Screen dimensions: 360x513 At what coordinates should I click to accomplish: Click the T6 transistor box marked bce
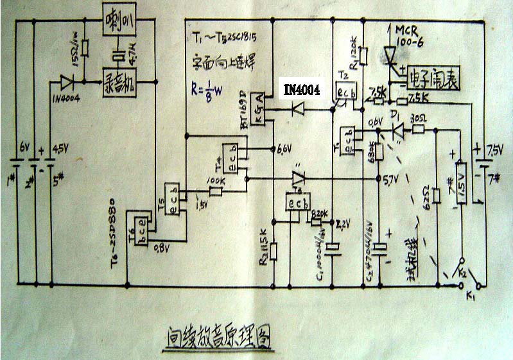click(140, 222)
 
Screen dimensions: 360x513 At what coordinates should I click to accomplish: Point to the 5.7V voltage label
click(390, 179)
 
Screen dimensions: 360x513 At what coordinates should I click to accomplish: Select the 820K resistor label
click(319, 214)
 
